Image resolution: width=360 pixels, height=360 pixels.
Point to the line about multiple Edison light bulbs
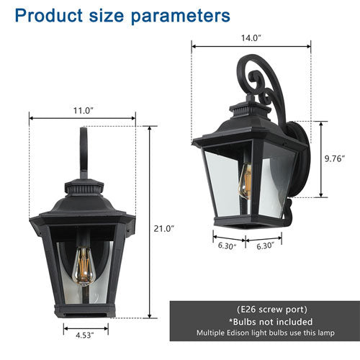[264, 333]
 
